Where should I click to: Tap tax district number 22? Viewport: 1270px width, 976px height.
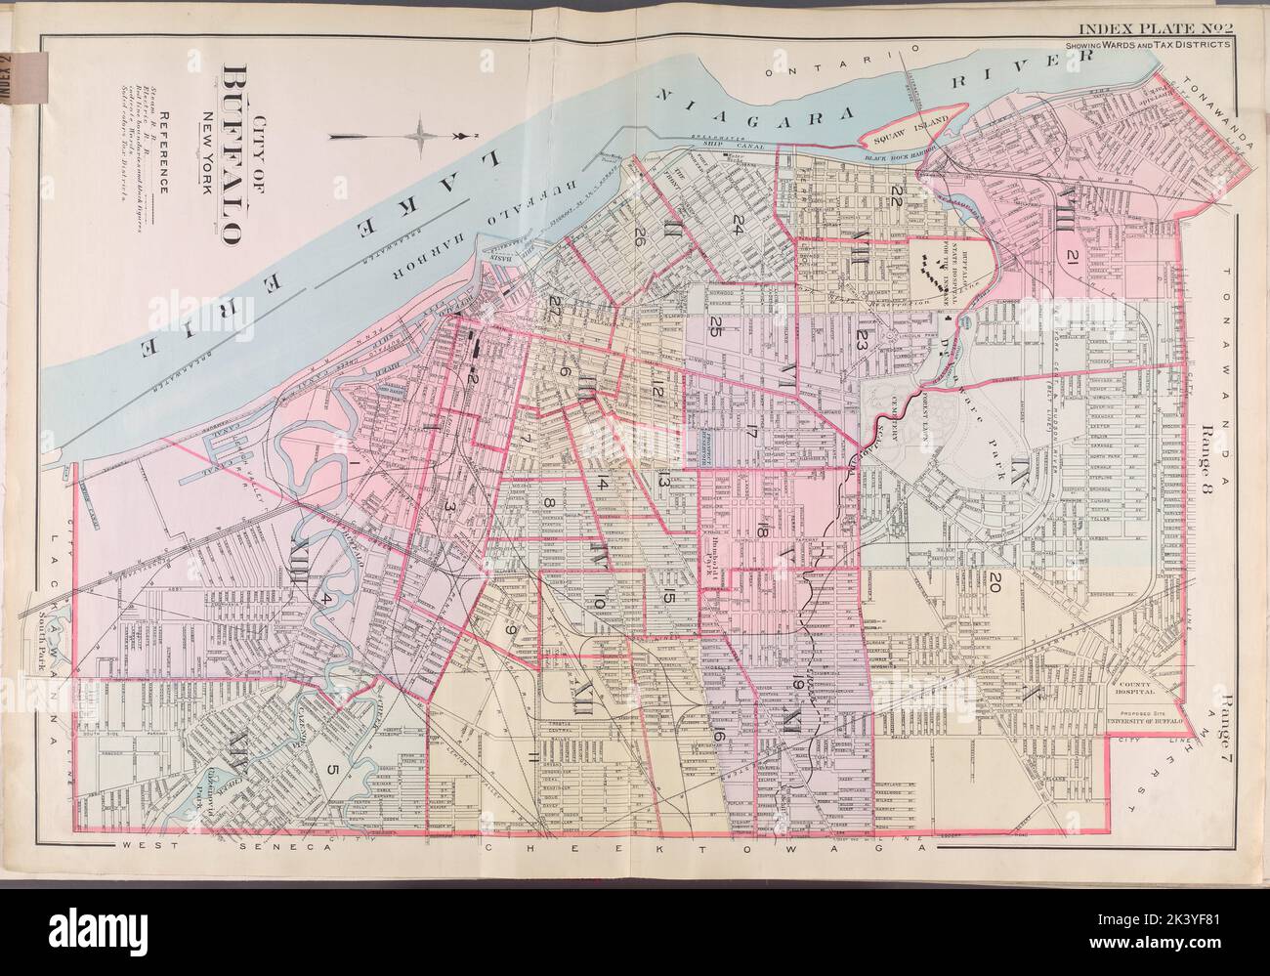pyautogui.click(x=895, y=191)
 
